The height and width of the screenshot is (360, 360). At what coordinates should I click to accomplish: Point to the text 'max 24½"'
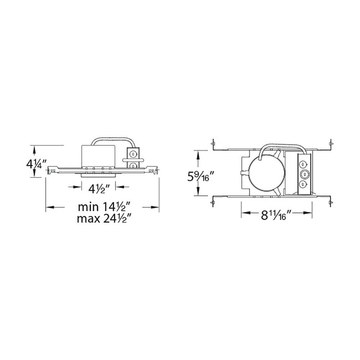[x=104, y=218]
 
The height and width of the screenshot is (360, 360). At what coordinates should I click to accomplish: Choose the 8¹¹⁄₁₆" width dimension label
[x=276, y=215]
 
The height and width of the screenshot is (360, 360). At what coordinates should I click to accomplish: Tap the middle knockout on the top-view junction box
[x=304, y=175]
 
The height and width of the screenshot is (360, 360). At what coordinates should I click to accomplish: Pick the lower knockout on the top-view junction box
[x=304, y=185]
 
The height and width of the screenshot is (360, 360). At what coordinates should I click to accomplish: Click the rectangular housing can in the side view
[x=98, y=156]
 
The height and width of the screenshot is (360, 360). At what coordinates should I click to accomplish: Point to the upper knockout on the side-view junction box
[x=133, y=154]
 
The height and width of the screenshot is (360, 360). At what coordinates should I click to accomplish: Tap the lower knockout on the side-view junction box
[x=133, y=165]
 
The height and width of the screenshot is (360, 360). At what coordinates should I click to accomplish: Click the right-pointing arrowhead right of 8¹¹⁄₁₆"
[x=308, y=213]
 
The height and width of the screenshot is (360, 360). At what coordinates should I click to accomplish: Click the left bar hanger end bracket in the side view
[x=53, y=170]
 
